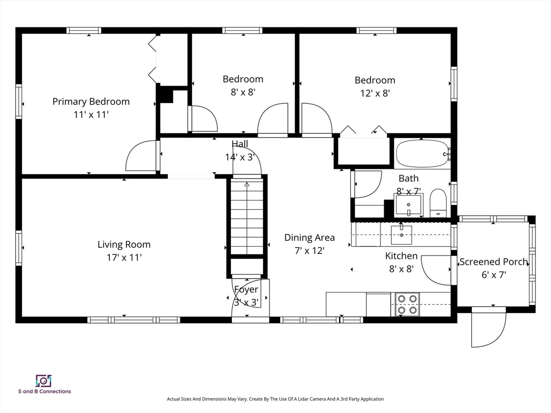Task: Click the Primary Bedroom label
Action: pos(91,102)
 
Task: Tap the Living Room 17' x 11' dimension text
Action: pos(124,258)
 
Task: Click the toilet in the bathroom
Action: pos(438,203)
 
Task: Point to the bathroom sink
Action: pos(408,205)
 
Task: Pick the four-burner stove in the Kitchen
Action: pos(407,304)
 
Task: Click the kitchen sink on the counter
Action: pos(401,234)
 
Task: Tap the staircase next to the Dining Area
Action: pos(246,216)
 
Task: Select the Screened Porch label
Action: pos(494,262)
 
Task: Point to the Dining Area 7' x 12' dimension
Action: pos(309,251)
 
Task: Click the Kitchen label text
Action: pos(401,255)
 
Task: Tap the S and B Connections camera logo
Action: pos(44,381)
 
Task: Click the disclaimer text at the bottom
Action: pos(275,399)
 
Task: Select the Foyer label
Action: pos(246,289)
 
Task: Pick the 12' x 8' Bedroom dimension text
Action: pos(375,93)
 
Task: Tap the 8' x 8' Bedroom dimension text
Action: pos(243,92)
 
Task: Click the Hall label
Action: pos(240,144)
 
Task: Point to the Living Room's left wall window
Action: pos(19,247)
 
